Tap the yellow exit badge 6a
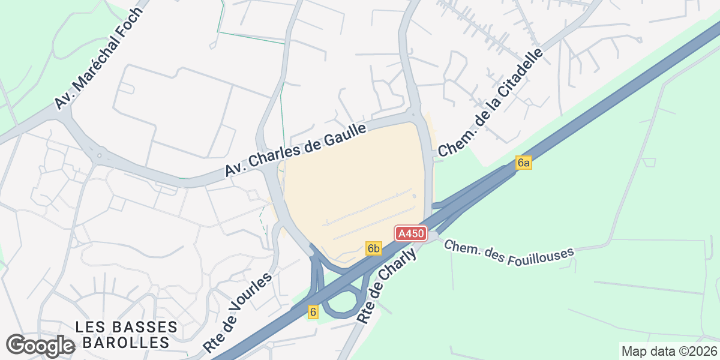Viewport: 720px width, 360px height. pos(524,163)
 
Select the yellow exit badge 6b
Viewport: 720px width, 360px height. pos(374,248)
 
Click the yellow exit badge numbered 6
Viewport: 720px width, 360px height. pos(313,312)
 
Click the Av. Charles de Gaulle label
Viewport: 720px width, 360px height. pos(295,150)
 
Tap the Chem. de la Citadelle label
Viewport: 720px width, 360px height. pos(490,103)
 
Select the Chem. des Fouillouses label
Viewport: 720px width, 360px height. pos(509,249)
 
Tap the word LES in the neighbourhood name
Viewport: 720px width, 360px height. pos(92,328)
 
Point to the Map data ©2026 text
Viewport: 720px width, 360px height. pos(668,351)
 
